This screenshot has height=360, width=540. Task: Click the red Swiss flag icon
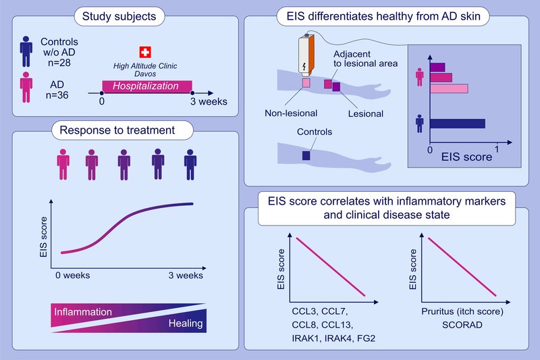(145, 53)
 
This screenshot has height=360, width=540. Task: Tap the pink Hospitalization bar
(147, 86)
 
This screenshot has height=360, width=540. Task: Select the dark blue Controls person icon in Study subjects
(26, 52)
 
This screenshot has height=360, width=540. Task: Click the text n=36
(57, 95)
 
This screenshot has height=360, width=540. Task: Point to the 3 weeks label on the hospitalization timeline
(209, 101)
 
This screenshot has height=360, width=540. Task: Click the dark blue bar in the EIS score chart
(458, 124)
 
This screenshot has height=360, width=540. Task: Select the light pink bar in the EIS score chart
(449, 88)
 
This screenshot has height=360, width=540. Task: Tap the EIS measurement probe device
(306, 54)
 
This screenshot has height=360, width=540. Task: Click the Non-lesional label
(291, 113)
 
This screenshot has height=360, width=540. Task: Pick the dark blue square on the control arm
(306, 156)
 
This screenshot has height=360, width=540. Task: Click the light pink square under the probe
(306, 82)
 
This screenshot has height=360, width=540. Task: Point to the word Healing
(186, 324)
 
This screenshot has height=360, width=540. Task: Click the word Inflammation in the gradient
(83, 312)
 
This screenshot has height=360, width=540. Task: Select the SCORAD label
(462, 325)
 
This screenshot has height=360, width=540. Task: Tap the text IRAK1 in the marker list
(306, 338)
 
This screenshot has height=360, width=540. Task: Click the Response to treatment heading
(117, 130)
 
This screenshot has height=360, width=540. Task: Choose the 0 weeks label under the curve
(73, 276)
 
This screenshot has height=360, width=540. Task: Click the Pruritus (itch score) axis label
(462, 311)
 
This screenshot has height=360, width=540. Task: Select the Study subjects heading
(119, 16)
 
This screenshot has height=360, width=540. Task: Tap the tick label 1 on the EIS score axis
(497, 149)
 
